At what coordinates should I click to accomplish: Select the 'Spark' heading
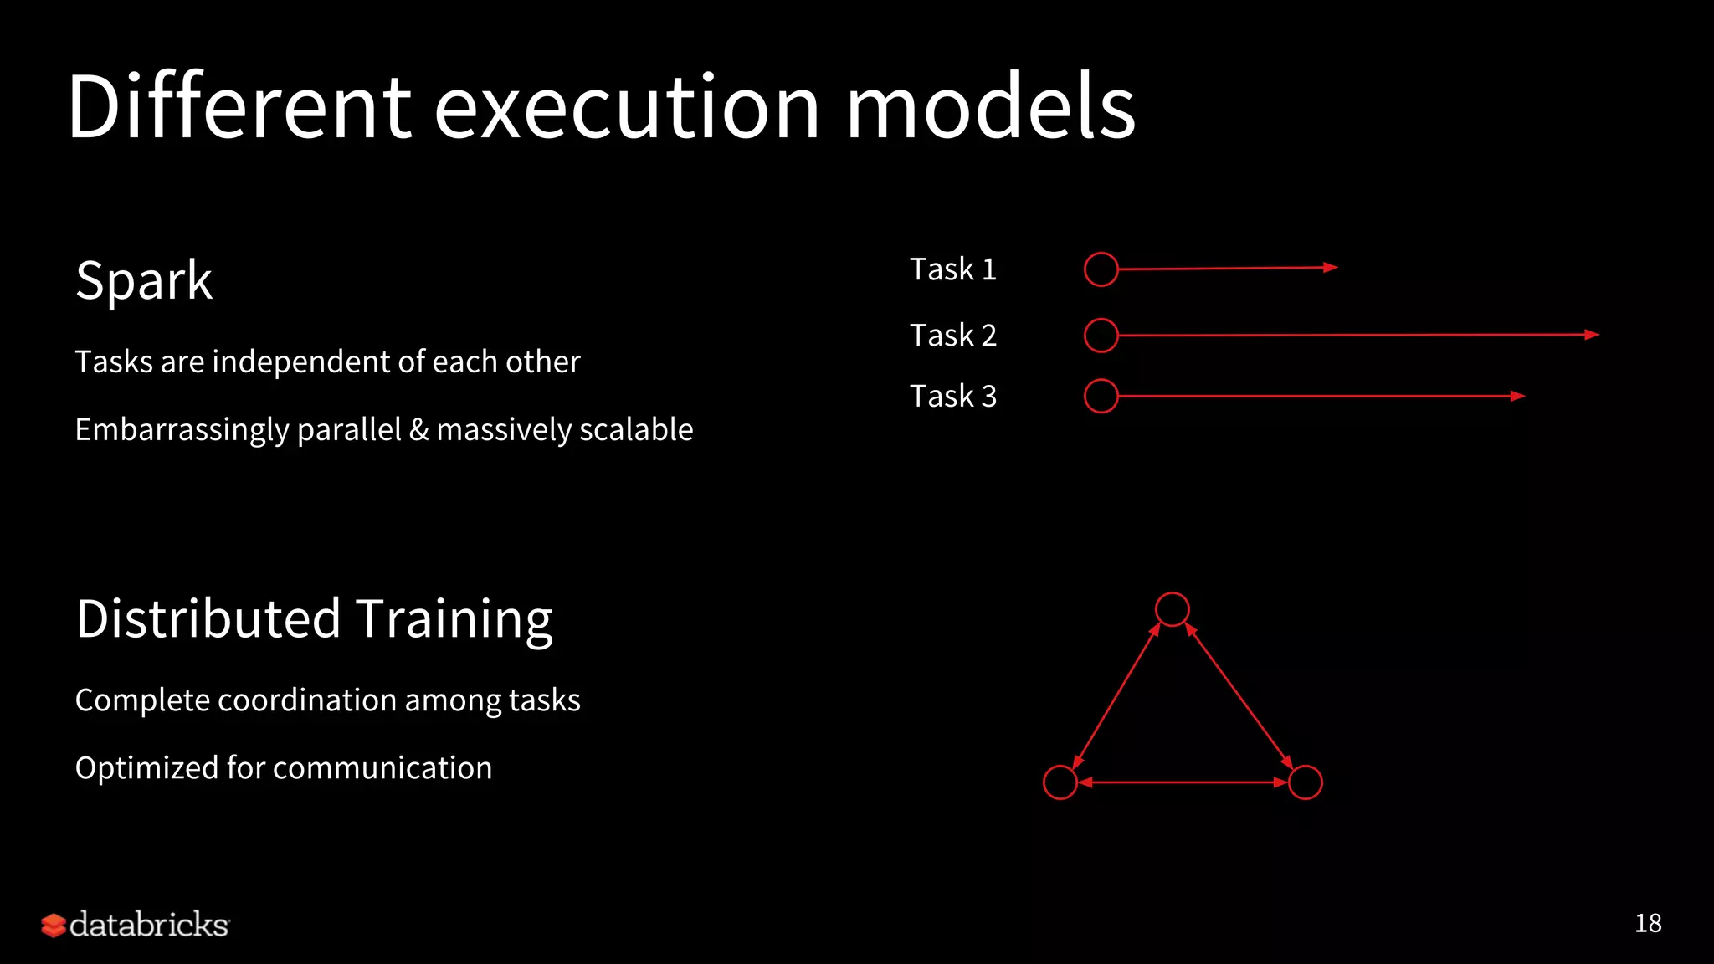[x=144, y=280]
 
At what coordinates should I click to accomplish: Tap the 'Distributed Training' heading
[x=314, y=619]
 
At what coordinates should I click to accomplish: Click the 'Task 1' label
[x=953, y=269]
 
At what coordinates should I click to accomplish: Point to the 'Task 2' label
[x=953, y=336]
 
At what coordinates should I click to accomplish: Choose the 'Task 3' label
[x=953, y=397]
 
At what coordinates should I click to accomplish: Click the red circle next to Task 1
[x=1101, y=269]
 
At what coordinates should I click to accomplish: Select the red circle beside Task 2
[x=1101, y=336]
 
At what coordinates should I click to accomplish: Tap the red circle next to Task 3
[x=1101, y=397]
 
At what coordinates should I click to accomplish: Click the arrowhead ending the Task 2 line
[x=1592, y=335]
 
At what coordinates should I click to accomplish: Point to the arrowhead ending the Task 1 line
[x=1331, y=268]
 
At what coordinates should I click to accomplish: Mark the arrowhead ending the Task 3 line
[x=1518, y=397]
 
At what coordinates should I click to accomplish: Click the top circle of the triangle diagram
[x=1172, y=609]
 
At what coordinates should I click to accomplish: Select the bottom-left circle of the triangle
[x=1060, y=782]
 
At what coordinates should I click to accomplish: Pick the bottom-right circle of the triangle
[x=1306, y=782]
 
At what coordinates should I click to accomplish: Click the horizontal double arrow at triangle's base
[x=1183, y=782]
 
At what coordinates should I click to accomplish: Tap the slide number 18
[x=1648, y=924]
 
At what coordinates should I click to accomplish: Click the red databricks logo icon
[x=54, y=926]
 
